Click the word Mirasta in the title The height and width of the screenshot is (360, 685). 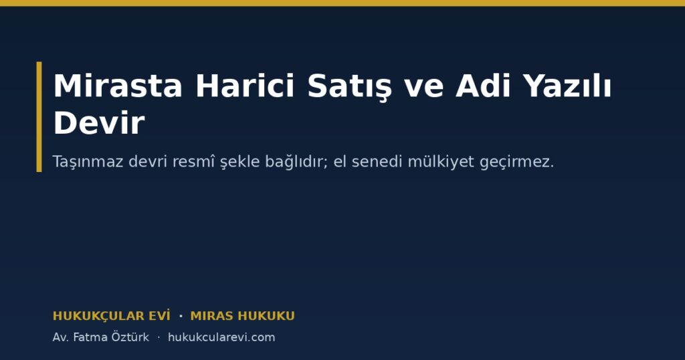(118, 86)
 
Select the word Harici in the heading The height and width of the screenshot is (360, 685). (245, 86)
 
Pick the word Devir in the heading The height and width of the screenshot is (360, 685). (99, 122)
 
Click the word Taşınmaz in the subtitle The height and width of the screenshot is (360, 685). (88, 162)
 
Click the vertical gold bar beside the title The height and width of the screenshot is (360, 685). (39, 116)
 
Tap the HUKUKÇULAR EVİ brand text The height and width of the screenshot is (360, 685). (112, 315)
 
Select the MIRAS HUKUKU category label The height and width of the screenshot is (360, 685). (242, 316)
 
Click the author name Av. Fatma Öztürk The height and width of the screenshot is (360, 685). (100, 337)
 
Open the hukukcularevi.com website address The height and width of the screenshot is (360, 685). (221, 337)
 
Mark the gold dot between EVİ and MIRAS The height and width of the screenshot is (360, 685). (181, 316)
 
